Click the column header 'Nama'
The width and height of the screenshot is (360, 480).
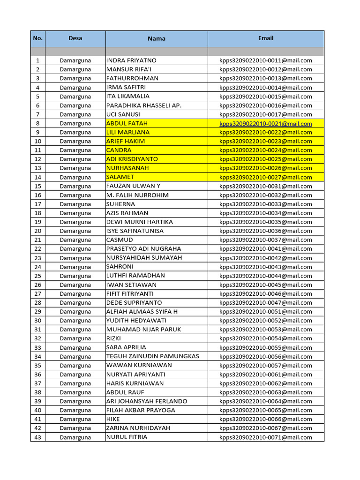[157, 38]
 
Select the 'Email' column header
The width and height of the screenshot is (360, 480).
[266, 38]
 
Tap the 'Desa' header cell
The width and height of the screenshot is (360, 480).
[75, 38]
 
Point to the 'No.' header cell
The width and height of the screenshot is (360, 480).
[38, 38]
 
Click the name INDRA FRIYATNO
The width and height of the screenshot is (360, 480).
[132, 60]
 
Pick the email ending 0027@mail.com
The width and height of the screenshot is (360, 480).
[266, 177]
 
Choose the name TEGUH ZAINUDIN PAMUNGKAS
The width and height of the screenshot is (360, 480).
[153, 356]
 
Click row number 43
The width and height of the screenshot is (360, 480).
[38, 437]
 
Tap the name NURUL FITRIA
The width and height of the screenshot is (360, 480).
[127, 437]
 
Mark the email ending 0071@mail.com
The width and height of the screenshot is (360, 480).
[266, 437]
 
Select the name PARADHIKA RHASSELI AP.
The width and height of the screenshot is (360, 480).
[144, 105]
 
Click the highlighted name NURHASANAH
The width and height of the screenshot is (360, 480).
[125, 168]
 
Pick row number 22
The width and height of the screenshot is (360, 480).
[38, 249]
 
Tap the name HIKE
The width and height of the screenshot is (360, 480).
[113, 419]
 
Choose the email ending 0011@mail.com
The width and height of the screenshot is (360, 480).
[266, 60]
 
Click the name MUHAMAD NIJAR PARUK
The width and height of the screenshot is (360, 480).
[144, 330]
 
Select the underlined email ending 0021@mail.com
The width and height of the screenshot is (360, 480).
[266, 124]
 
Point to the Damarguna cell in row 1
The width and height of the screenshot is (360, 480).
[75, 60]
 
